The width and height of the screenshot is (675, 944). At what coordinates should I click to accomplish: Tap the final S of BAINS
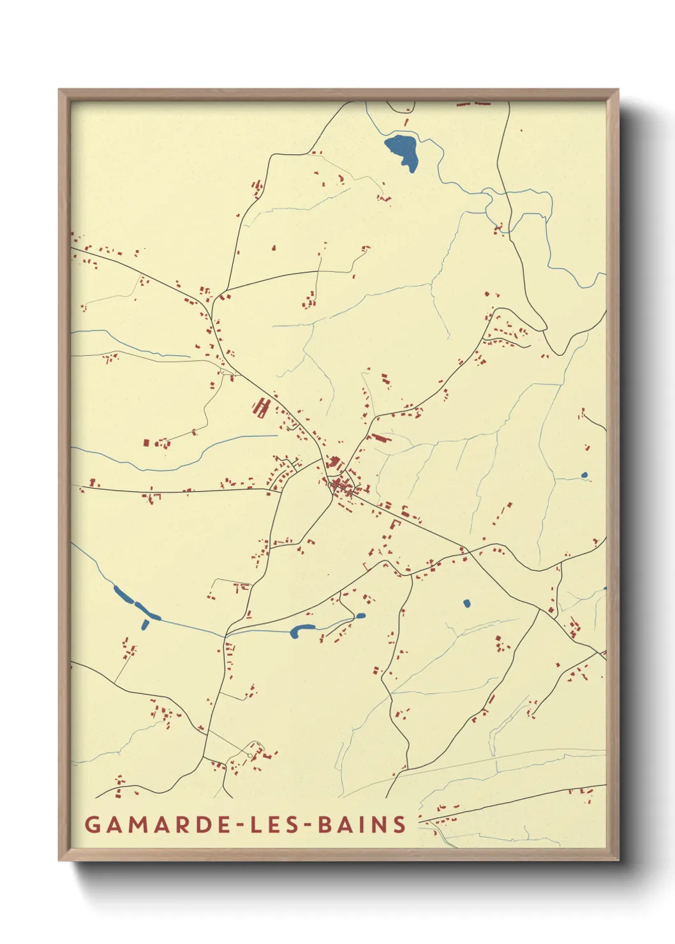point(399,824)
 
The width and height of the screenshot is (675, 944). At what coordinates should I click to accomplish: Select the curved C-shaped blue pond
point(300,630)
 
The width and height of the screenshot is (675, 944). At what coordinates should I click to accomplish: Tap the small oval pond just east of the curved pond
point(360,616)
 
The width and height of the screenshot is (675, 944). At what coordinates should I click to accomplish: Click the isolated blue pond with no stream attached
point(466,603)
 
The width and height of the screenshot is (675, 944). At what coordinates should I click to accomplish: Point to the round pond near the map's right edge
point(584,475)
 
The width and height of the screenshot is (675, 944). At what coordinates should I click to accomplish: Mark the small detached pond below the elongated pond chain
point(145,624)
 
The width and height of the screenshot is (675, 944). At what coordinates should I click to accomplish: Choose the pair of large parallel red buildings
point(260,407)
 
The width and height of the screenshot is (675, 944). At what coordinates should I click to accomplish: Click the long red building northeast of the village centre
point(379,438)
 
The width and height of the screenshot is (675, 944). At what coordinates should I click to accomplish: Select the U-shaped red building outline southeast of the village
point(394,525)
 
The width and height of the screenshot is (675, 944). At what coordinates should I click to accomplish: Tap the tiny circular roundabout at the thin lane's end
point(249,756)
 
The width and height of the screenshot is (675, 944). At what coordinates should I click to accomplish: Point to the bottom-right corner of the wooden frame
point(617,859)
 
